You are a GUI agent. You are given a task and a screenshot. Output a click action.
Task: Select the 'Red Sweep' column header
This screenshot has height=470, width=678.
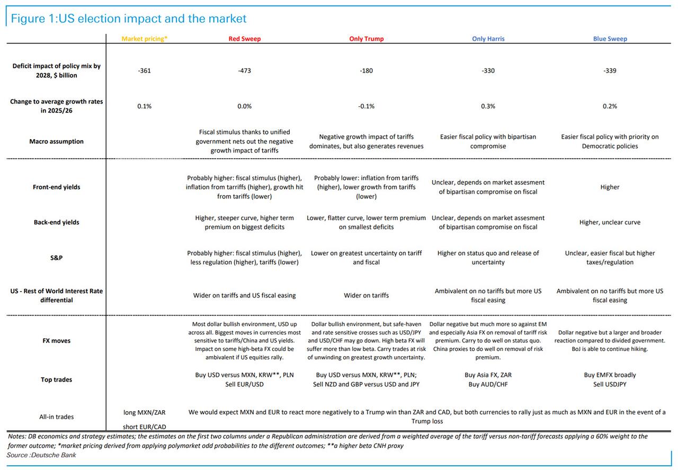click(244, 39)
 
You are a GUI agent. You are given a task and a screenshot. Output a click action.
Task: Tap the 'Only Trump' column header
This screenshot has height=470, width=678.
click(366, 39)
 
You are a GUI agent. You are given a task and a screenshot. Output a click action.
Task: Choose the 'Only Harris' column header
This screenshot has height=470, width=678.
click(488, 39)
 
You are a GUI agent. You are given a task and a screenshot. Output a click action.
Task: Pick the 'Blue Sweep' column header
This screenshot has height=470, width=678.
click(610, 39)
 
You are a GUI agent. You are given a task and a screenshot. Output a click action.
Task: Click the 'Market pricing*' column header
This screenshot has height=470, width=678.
click(144, 39)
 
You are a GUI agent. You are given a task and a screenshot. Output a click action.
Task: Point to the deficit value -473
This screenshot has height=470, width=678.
click(244, 70)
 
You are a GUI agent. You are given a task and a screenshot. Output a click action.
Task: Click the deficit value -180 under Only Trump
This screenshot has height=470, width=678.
click(366, 70)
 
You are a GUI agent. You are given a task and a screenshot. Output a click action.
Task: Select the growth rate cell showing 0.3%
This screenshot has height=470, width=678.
click(488, 106)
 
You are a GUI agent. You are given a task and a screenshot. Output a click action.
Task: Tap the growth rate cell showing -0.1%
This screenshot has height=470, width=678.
click(366, 106)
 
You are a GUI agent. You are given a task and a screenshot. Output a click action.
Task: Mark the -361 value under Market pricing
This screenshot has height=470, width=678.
click(144, 70)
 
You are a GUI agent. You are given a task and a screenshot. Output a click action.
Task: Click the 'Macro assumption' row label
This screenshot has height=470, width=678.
click(56, 141)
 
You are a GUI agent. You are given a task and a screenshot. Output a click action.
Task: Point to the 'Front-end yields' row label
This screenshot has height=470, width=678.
click(56, 187)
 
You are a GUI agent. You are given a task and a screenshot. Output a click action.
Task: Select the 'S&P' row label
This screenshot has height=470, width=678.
click(56, 258)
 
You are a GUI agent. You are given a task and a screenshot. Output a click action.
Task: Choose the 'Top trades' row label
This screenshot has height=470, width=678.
click(56, 379)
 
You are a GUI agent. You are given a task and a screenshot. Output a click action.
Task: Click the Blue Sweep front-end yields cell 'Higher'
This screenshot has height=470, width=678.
click(610, 187)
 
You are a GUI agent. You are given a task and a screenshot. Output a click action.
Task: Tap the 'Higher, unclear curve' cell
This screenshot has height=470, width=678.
click(610, 222)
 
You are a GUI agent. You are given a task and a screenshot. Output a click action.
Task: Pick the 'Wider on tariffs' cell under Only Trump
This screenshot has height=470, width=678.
click(366, 295)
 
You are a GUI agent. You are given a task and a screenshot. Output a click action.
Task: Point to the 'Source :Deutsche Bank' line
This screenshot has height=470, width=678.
click(41, 455)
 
